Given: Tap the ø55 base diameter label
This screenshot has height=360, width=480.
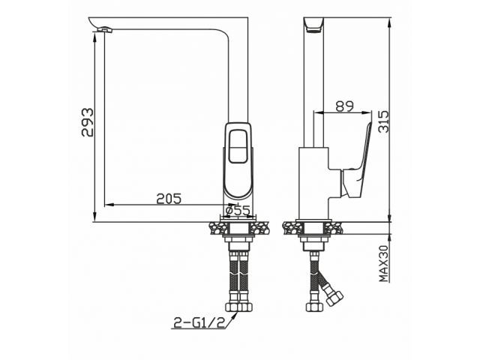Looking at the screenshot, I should click(x=237, y=211).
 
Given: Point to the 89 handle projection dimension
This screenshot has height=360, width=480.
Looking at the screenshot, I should click(x=345, y=106).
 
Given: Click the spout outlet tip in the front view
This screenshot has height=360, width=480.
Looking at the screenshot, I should click(x=106, y=29).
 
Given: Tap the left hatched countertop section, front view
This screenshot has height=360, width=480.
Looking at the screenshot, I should click(x=214, y=226).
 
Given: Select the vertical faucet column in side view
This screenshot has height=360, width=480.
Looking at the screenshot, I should click(x=312, y=82).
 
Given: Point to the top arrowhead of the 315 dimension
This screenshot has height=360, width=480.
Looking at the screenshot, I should click(x=391, y=22).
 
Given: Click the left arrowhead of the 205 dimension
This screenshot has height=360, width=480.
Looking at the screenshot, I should click(x=106, y=204).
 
